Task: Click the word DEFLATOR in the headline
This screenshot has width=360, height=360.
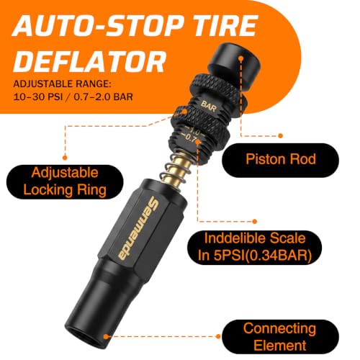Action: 89,61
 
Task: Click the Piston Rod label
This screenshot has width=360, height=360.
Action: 280,160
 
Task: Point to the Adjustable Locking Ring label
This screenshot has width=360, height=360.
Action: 65,181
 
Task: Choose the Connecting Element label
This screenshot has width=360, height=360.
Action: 280,336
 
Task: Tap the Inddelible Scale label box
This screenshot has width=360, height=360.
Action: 254,247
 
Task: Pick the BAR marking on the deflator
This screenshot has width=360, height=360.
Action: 208,106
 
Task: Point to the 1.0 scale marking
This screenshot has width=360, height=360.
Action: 194,131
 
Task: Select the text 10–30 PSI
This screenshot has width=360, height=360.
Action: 38,97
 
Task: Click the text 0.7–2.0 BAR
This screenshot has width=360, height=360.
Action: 103,97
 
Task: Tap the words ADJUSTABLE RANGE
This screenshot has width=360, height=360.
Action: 63,84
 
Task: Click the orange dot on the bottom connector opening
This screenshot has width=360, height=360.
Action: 106,336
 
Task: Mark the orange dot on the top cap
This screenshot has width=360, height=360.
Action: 240,58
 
